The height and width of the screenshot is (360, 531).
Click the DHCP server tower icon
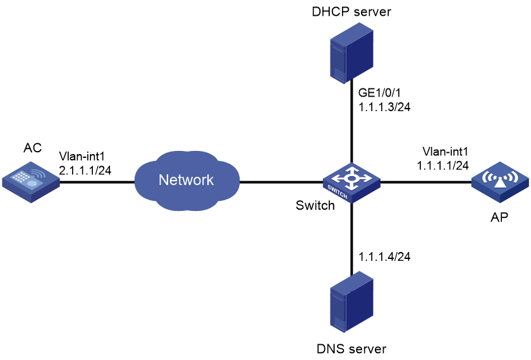pos(351,53)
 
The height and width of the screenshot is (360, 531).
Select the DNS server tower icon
pos(351,302)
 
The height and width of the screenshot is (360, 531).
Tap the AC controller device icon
pos(31,182)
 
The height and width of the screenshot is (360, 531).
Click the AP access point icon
pos(500,182)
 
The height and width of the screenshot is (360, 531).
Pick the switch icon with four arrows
pos(351,183)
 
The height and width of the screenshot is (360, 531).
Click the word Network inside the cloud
pos(186,180)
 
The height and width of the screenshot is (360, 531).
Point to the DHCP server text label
pos(351,12)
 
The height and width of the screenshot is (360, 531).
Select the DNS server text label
pos(351,349)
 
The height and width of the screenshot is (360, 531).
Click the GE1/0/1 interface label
pos(379,92)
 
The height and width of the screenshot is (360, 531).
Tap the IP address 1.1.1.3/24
pos(384,107)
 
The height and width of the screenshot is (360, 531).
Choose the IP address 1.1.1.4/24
pos(384,257)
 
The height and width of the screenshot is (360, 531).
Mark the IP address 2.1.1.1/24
pos(85,170)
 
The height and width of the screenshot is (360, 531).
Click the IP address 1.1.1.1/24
pos(442,165)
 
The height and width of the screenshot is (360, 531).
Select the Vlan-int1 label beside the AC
pos(82,156)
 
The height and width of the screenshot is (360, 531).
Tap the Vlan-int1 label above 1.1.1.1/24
pos(445,151)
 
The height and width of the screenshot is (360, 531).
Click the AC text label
pos(32,148)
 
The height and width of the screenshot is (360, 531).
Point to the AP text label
pos(499,217)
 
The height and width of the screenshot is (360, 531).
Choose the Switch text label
pos(315,205)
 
